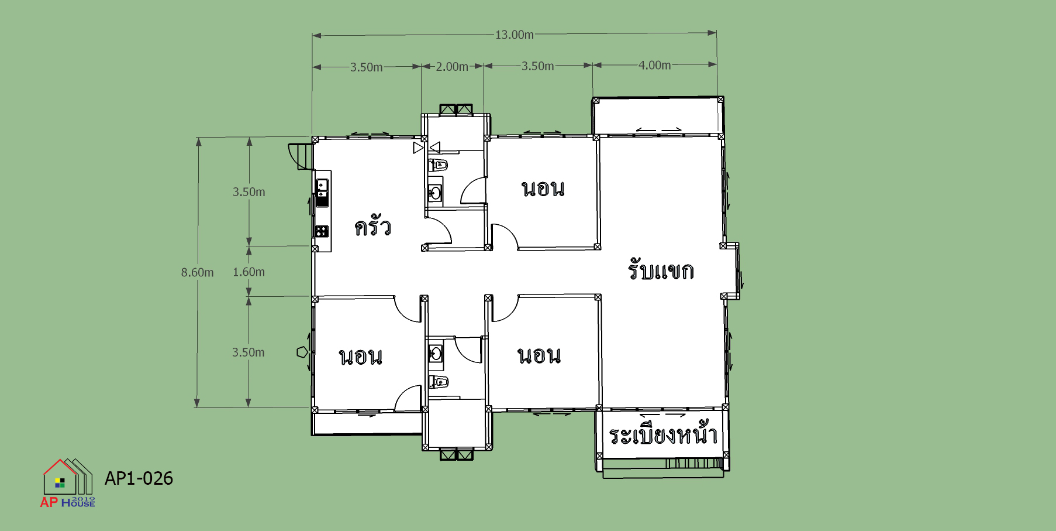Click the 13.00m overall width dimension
point(515,35)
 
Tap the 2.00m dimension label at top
point(452,67)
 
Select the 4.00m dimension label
point(654,65)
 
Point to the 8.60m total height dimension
point(197,272)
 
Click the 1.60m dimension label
point(249,272)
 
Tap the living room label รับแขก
point(661,269)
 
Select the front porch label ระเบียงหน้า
point(663,434)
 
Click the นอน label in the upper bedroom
point(543,189)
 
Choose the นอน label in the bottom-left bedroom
point(361,357)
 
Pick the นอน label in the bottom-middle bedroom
point(539,355)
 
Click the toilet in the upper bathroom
point(438,165)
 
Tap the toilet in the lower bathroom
point(439,382)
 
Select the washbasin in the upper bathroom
point(435,193)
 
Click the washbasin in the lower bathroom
point(436,353)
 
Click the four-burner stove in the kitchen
point(322,231)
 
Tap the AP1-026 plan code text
point(139,478)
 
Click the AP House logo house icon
point(68,477)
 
